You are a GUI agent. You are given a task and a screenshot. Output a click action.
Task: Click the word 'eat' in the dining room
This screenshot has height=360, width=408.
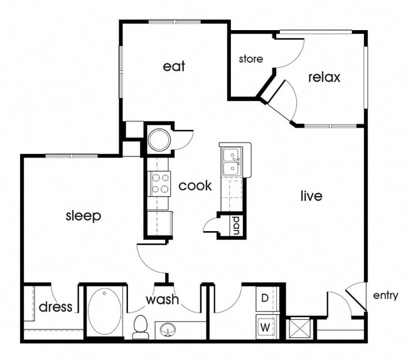174,66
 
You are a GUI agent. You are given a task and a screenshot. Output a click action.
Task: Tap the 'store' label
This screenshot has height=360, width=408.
250,59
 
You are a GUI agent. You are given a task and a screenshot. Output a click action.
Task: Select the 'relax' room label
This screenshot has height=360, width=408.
324,77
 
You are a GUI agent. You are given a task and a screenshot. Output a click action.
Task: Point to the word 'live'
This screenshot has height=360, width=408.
311,196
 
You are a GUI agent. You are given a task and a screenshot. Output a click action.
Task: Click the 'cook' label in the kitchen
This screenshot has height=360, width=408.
195,186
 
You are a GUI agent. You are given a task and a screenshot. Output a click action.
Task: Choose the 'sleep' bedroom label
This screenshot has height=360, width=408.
83,215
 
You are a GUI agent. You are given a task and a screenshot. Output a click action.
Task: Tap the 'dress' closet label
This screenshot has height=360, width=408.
55,307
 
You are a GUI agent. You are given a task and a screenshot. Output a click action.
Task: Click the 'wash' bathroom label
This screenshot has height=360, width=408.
163,300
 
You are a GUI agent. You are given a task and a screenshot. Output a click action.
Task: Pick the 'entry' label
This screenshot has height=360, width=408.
385,295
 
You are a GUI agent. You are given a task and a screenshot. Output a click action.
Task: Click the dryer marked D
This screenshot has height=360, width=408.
265,298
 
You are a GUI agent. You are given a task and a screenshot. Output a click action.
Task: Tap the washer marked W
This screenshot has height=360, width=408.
265,327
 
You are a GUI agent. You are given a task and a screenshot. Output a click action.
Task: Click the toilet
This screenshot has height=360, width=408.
141,326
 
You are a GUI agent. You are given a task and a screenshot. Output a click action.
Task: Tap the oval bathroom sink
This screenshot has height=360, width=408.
168,329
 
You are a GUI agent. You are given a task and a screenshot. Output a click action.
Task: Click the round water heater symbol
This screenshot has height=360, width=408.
159,139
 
